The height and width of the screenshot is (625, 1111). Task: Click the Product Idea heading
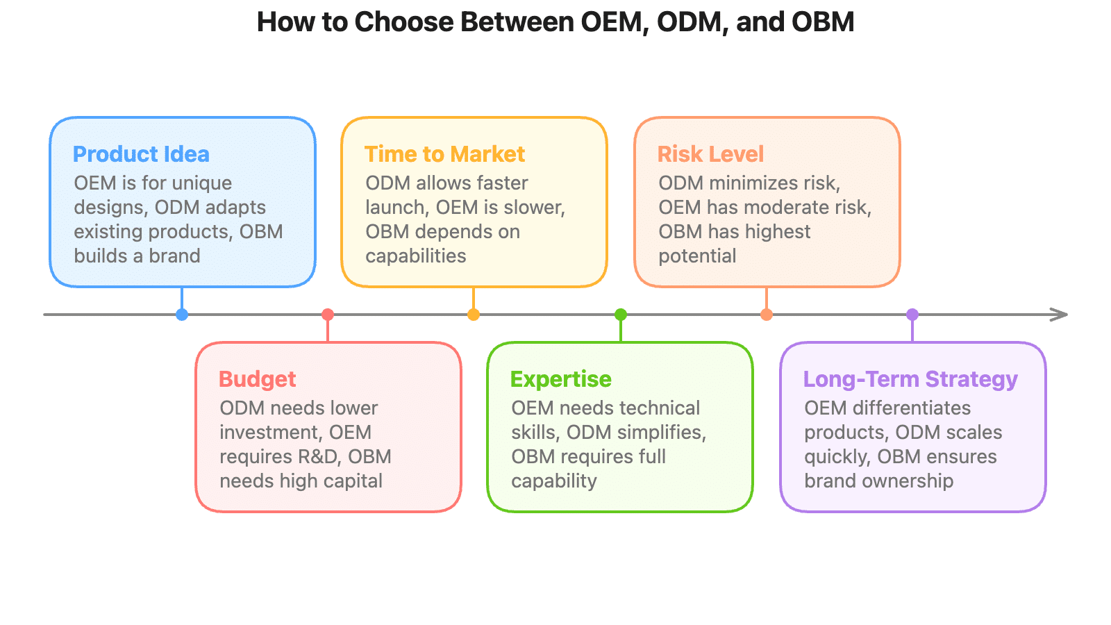click(141, 154)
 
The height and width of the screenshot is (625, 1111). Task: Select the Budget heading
click(257, 379)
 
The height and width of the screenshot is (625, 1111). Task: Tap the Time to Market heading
click(444, 154)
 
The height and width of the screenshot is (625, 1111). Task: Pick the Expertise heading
click(560, 379)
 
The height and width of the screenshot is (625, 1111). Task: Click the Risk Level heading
click(710, 154)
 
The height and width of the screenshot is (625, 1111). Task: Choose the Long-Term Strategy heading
click(910, 379)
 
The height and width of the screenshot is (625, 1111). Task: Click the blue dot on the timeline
click(182, 315)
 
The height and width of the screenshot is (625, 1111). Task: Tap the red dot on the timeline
click(328, 315)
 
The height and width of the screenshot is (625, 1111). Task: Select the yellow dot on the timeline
click(474, 315)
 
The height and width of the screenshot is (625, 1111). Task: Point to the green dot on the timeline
click(621, 315)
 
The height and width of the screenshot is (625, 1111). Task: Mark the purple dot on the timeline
click(912, 315)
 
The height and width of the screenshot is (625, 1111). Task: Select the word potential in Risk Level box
click(697, 256)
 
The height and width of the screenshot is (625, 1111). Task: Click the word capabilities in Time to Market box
click(416, 256)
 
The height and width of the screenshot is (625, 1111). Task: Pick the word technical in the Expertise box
click(660, 408)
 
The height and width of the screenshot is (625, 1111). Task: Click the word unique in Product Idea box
click(202, 183)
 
